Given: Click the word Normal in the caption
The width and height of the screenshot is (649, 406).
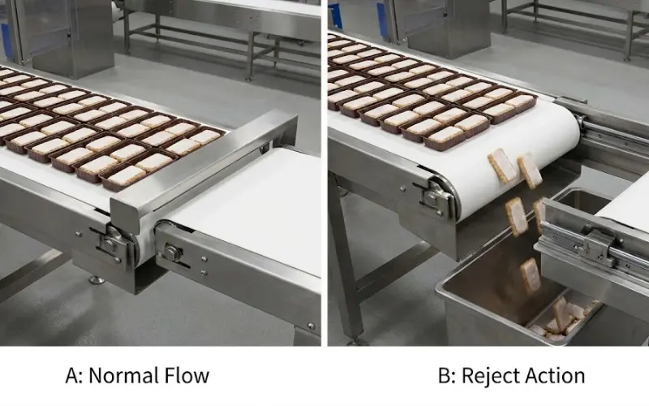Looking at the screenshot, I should click(x=119, y=376).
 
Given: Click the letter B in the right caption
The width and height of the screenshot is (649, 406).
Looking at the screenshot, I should click(x=444, y=376).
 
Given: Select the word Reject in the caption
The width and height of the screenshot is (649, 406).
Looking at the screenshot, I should click(x=488, y=376).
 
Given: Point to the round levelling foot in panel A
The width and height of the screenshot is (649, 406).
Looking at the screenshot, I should click(x=97, y=280).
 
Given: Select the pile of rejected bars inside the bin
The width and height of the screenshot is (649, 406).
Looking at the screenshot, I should click(x=560, y=319).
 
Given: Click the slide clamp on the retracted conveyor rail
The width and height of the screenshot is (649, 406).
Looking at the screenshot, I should click(x=595, y=244).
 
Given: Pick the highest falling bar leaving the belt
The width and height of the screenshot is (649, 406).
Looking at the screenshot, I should click(x=501, y=166).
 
